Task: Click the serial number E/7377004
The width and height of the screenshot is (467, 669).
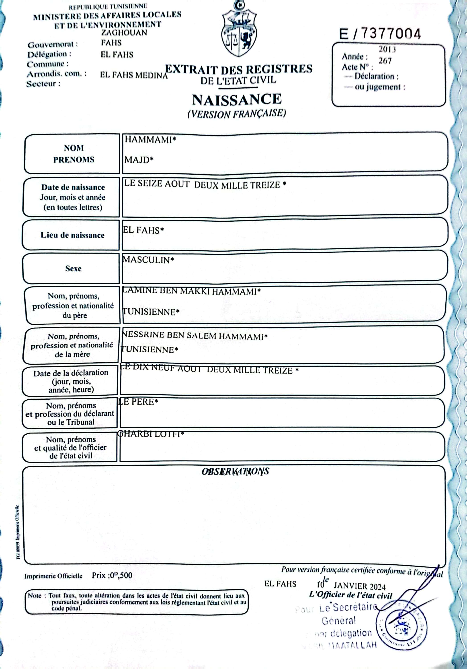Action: click(x=380, y=34)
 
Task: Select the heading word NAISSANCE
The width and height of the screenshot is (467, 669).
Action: click(x=237, y=100)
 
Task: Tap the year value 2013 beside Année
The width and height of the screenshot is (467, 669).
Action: click(x=387, y=50)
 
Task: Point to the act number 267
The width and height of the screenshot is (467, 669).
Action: click(x=385, y=61)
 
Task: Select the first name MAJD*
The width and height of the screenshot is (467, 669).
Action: click(x=139, y=160)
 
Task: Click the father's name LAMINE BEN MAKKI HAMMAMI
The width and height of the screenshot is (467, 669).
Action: click(x=191, y=291)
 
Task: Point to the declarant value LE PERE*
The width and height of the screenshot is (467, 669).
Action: click(x=138, y=402)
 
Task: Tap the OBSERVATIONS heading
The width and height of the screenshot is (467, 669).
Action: click(x=235, y=471)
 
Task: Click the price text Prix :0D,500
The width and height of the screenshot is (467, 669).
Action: click(x=112, y=576)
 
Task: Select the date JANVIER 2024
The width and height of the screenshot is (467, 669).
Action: click(x=359, y=586)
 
